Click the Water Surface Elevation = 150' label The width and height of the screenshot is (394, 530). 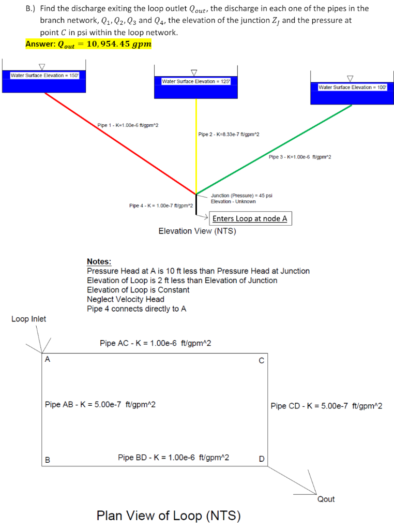click(x=44, y=76)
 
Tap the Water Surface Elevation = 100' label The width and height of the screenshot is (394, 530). click(x=352, y=87)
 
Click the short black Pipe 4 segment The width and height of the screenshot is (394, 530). click(x=196, y=203)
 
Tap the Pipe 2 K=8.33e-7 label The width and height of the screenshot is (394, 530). click(x=229, y=135)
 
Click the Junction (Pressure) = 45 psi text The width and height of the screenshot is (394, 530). click(x=241, y=196)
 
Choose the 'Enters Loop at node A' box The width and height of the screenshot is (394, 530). click(x=250, y=219)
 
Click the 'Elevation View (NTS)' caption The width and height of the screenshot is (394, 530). click(x=197, y=231)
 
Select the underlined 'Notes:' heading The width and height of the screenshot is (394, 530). click(x=99, y=262)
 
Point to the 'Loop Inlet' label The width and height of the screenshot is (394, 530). click(x=28, y=319)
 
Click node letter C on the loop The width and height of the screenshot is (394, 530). click(x=261, y=360)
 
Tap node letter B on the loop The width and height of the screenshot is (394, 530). click(x=48, y=459)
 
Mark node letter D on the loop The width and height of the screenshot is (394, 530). click(x=261, y=459)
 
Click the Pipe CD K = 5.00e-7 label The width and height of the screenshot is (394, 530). click(x=326, y=406)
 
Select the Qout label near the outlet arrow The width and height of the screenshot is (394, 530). click(x=326, y=499)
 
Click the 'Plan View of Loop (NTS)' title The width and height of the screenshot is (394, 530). click(x=169, y=516)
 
